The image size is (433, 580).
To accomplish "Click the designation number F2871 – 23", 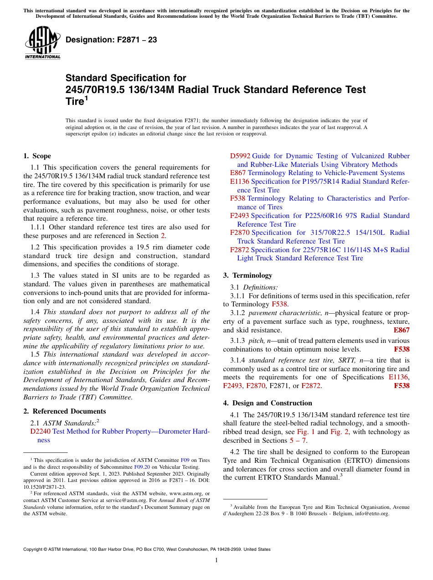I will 111,40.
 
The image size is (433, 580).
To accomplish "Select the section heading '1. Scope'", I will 37,156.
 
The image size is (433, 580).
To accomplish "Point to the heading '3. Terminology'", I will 247,275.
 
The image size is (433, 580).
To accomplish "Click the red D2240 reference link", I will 40,431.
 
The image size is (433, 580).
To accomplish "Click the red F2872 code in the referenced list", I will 240,250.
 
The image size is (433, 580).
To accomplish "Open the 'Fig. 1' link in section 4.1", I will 306,432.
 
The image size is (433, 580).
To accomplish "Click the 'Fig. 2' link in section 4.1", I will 338,432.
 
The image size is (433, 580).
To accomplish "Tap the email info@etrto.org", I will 373,513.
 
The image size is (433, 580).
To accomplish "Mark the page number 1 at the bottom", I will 216,560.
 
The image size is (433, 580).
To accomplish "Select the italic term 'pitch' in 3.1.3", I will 255,341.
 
